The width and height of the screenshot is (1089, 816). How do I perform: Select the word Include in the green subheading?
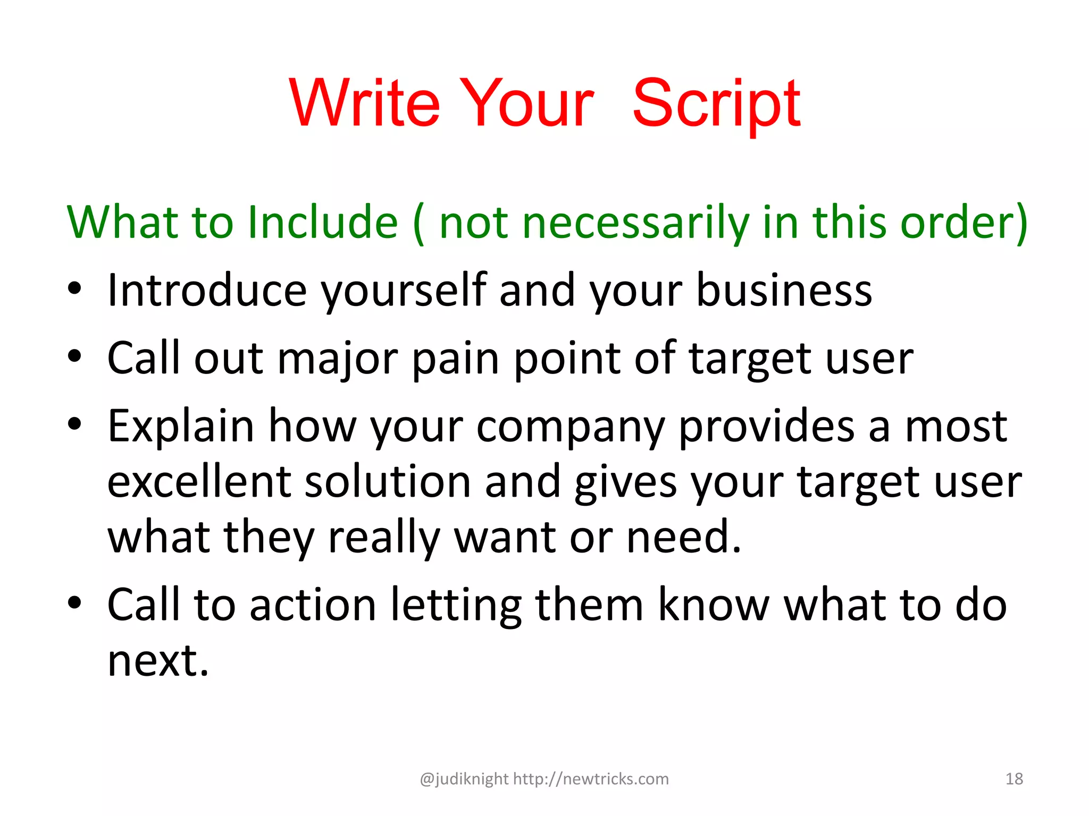coord(323,222)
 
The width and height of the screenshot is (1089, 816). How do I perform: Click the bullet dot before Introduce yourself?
coord(74,289)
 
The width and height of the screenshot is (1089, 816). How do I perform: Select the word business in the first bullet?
coord(784,291)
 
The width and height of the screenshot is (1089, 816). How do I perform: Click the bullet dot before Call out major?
coord(74,356)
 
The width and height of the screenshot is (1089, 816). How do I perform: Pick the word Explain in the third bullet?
coord(181,427)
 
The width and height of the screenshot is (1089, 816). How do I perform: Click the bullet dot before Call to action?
coord(74,603)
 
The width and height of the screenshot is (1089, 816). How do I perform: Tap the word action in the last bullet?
coord(313,606)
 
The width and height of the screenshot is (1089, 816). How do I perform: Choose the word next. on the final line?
coord(158,661)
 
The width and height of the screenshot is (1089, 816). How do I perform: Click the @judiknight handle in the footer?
coord(464,779)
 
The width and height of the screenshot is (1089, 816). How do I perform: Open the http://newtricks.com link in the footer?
coord(591,779)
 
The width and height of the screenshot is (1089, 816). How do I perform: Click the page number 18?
coord(1014,779)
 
